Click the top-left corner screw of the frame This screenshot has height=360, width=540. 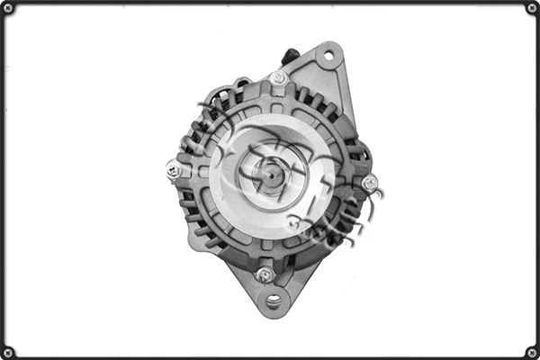tap(8, 8)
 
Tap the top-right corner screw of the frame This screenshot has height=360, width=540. tap(532, 8)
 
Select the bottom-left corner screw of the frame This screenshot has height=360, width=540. tap(8, 352)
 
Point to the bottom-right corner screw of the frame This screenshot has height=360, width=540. tap(532, 352)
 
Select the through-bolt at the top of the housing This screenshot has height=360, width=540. tap(279, 78)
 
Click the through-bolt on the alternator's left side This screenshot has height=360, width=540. tap(174, 168)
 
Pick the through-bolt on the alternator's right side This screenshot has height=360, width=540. tap(369, 183)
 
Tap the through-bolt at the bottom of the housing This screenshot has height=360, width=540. tap(264, 274)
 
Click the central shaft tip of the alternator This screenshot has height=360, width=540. tap(268, 176)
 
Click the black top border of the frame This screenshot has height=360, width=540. tap(270, 3)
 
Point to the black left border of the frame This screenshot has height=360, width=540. tap(3, 180)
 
